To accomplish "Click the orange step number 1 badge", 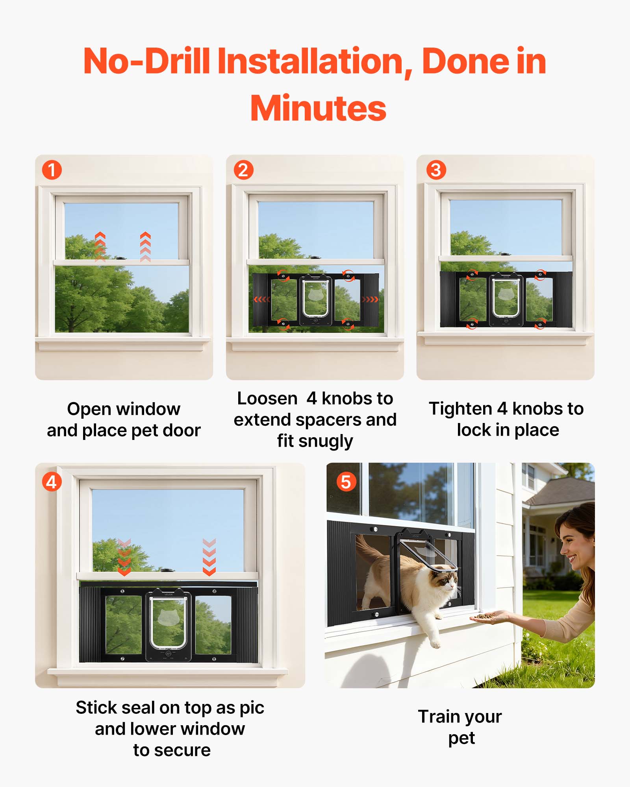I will [52, 170].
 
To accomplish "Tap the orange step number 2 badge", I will [243, 170].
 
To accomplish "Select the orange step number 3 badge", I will [436, 170].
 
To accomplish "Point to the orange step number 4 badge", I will [52, 482].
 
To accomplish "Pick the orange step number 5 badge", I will [346, 482].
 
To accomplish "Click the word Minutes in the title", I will [318, 108].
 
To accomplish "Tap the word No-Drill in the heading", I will [146, 61].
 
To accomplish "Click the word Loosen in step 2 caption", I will [267, 398].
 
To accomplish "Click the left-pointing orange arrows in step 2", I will [262, 299].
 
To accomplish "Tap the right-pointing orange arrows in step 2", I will [370, 299].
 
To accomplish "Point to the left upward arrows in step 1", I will [100, 247].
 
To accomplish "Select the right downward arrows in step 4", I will [209, 557].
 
